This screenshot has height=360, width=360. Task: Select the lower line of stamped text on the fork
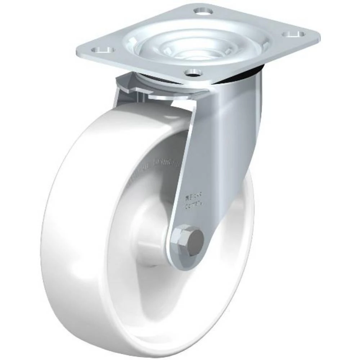pos(194,206)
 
